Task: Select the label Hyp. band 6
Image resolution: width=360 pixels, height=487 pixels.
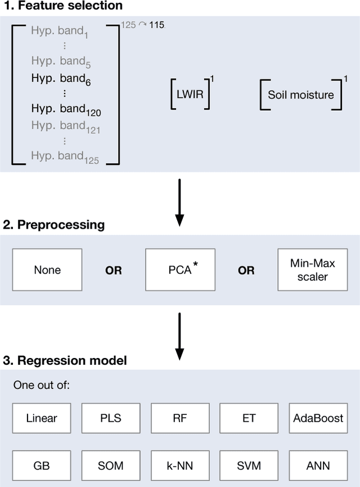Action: [61, 80]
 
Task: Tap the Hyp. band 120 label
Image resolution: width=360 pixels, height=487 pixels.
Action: [66, 111]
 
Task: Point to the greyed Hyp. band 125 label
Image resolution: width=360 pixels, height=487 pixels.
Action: [65, 158]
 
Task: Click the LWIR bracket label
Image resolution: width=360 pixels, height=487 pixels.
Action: [190, 94]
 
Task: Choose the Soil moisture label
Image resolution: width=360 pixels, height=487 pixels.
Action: [300, 94]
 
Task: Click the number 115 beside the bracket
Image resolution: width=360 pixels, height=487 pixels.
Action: [157, 25]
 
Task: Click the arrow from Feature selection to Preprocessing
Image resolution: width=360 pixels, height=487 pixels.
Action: [179, 202]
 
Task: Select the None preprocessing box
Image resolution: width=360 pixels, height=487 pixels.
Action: [47, 270]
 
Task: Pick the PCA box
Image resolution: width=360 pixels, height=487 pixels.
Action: [180, 270]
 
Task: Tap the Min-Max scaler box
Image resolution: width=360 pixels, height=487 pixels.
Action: [312, 270]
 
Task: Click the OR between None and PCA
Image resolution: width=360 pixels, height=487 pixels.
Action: [114, 270]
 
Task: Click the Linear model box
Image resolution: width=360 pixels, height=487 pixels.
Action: [42, 418]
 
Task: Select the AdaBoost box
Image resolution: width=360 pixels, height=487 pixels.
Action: [318, 418]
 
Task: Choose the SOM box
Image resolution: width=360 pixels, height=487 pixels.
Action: [110, 466]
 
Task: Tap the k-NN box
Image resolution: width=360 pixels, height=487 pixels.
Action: [179, 466]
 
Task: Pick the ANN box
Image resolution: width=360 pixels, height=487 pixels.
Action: [318, 466]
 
